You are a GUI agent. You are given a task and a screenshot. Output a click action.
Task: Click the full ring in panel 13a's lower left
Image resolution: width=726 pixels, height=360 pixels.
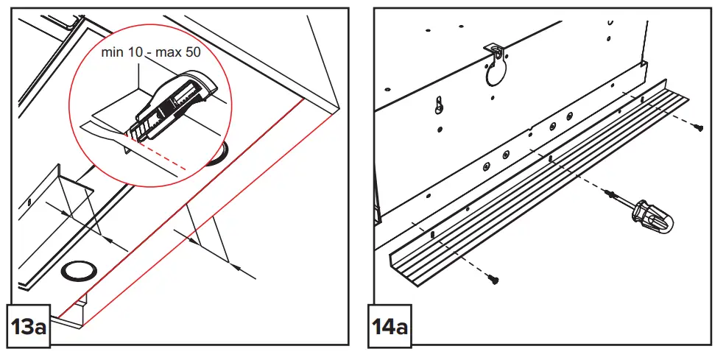(77, 270)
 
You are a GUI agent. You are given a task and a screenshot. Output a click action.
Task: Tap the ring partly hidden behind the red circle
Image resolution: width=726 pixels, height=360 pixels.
(217, 156)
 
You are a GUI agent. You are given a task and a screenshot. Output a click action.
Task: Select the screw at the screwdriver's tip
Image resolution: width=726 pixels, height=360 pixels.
(610, 194)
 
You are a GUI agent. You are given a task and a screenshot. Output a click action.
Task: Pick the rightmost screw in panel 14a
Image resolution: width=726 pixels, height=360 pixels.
(699, 128)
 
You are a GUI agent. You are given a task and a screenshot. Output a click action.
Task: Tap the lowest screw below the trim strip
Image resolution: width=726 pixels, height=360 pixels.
(493, 279)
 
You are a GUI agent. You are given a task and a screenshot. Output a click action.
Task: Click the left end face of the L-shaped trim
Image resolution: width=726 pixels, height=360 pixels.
(395, 262)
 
